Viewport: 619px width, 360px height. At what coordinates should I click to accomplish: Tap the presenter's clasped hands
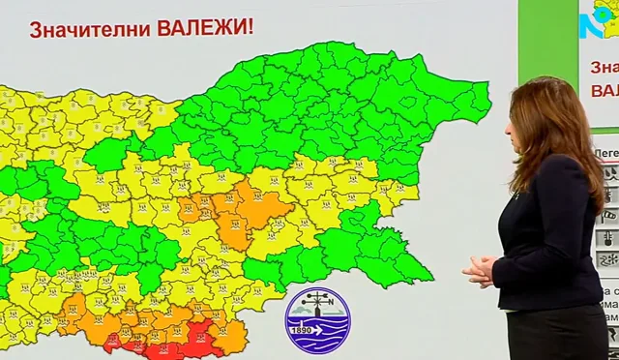[479, 270]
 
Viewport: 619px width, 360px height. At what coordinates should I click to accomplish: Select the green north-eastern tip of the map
[474, 97]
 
